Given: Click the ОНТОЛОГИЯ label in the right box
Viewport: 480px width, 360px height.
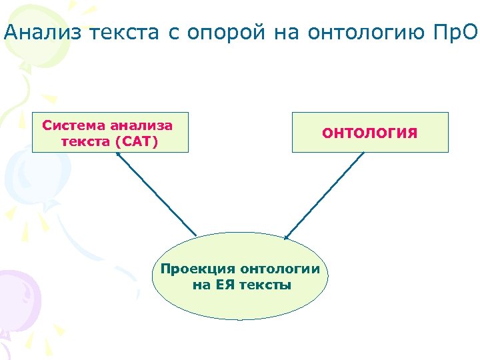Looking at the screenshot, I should pyautogui.click(x=370, y=133).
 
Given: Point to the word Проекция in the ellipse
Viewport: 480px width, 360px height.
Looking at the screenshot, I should pyautogui.click(x=198, y=269).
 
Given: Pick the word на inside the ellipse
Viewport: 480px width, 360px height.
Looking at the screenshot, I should pyautogui.click(x=200, y=285).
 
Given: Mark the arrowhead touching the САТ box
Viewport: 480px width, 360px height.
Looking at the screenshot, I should pyautogui.click(x=118, y=155).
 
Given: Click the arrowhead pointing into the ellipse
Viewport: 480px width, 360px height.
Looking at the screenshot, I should pyautogui.click(x=286, y=235).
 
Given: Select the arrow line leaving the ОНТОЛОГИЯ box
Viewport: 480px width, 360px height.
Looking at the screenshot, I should pyautogui.click(x=327, y=193).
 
